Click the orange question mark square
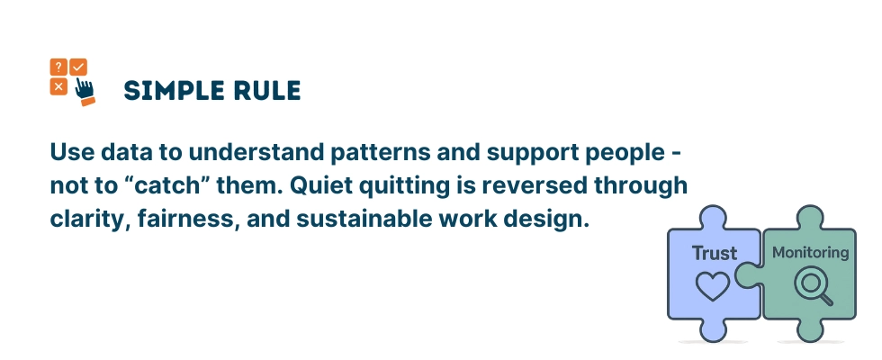coord(58,67)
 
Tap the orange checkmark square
coord(78,67)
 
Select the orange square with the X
coord(58,86)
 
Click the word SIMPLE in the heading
coord(167,91)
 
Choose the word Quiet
coord(351,184)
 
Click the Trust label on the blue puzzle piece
coord(714,254)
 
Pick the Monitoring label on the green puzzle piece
coord(810,253)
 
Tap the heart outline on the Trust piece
coord(714,286)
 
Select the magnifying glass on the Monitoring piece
coord(809,285)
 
